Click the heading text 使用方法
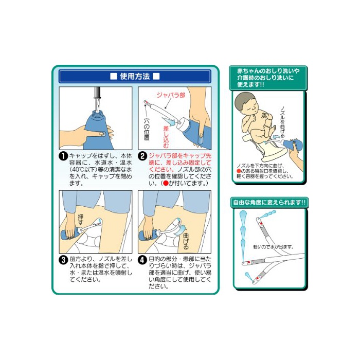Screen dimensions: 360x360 pos(135,76)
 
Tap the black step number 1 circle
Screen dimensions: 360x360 pos(63,156)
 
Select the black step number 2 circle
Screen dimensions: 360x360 pos(142,156)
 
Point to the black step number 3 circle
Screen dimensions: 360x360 pos(63,260)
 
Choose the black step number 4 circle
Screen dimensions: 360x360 pos(142,260)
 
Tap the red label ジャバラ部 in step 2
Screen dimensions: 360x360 pos(171,95)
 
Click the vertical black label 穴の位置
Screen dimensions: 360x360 pos(147,129)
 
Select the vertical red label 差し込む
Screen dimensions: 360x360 pos(166,137)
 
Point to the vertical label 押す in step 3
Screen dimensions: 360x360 pos(81,220)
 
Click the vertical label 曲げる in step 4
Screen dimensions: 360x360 pos(186,242)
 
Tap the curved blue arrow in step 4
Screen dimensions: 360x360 pos(180,230)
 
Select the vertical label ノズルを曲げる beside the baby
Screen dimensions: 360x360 pos(282,122)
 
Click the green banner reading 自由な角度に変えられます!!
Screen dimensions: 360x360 pos(269,203)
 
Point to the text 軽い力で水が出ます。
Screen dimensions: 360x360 pos(274,247)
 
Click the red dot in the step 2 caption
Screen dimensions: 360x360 pos(166,183)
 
